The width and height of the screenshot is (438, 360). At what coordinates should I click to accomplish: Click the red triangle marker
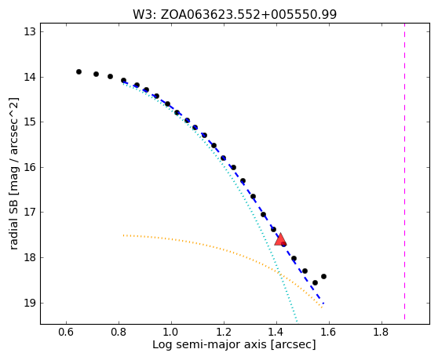pyautogui.click(x=280, y=240)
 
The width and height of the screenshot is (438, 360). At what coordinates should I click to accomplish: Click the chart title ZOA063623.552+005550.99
pyautogui.click(x=249, y=14)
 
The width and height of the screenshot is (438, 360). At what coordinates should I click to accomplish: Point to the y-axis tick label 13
pyautogui.click(x=30, y=32)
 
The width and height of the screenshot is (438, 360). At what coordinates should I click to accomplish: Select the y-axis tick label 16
pyautogui.click(x=30, y=167)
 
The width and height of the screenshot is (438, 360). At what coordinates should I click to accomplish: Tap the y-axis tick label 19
pyautogui.click(x=30, y=303)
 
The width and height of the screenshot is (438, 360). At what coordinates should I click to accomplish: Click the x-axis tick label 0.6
pyautogui.click(x=66, y=333)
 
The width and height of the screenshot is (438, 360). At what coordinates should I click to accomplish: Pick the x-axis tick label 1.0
pyautogui.click(x=171, y=333)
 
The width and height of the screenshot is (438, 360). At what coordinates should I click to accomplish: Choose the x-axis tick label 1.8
pyautogui.click(x=381, y=333)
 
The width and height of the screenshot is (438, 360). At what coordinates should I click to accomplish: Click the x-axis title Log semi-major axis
pyautogui.click(x=210, y=344)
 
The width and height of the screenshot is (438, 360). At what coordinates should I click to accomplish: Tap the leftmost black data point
pyautogui.click(x=78, y=71)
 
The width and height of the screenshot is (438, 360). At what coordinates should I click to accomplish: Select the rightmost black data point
pyautogui.click(x=323, y=277)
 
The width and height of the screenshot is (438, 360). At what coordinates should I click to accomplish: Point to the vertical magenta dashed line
pyautogui.click(x=404, y=172)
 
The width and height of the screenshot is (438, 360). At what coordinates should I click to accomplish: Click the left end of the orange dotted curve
pyautogui.click(x=123, y=235)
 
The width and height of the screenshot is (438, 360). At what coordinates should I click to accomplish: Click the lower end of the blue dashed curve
pyautogui.click(x=323, y=303)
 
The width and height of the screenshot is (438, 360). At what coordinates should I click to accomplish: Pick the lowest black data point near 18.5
pyautogui.click(x=315, y=282)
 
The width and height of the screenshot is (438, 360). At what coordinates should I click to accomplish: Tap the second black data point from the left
pyautogui.click(x=96, y=74)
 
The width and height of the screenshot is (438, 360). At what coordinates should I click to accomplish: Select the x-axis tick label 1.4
pyautogui.click(x=276, y=333)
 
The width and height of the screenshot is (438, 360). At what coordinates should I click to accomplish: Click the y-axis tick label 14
pyautogui.click(x=30, y=77)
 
